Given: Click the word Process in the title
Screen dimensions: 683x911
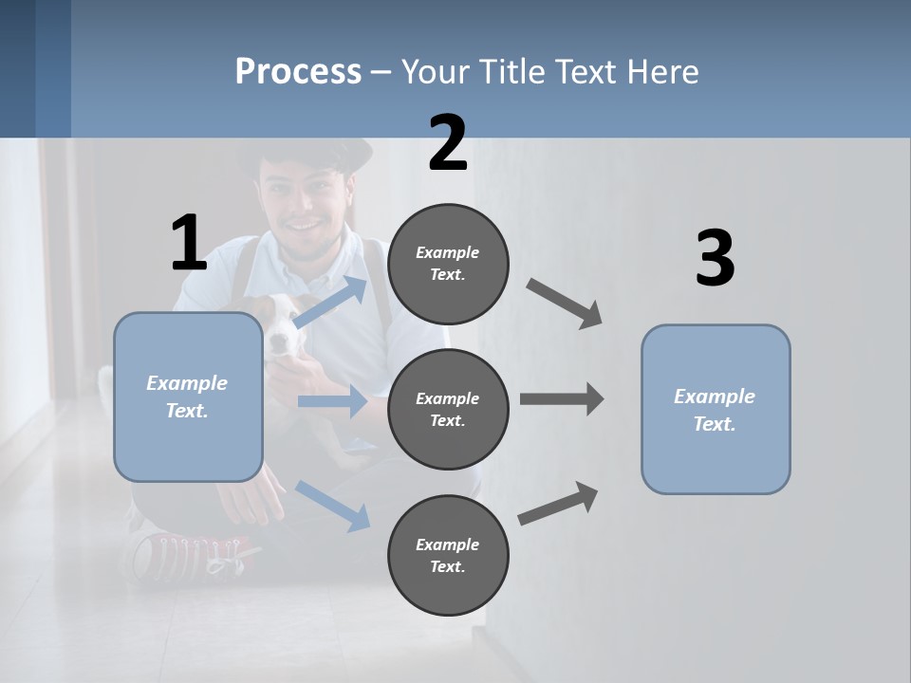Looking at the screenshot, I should tap(298, 72).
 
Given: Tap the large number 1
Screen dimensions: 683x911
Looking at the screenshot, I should tap(188, 244).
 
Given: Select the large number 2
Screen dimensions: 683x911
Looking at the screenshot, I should tap(448, 143).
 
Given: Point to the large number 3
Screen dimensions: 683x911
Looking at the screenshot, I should tap(715, 259).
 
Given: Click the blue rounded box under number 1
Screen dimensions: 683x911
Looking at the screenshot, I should tap(188, 397).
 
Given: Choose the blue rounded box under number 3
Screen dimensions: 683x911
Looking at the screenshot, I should tap(716, 409).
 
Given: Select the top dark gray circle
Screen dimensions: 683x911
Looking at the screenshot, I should tap(448, 264).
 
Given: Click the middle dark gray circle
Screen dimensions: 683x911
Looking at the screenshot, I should tap(448, 409).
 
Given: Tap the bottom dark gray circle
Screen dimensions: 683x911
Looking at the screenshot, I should tap(448, 555).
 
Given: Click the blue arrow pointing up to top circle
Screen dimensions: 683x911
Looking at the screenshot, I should tap(330, 302).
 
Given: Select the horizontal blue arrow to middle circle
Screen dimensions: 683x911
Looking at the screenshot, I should tap(332, 401).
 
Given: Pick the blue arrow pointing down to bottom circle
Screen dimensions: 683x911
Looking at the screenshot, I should tap(333, 505).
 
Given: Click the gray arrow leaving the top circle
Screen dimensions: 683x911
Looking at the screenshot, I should tap(565, 304).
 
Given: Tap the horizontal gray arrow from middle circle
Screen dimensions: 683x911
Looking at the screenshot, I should tap(562, 399).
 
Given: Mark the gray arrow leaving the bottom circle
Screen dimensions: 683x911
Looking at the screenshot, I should tap(558, 503).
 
